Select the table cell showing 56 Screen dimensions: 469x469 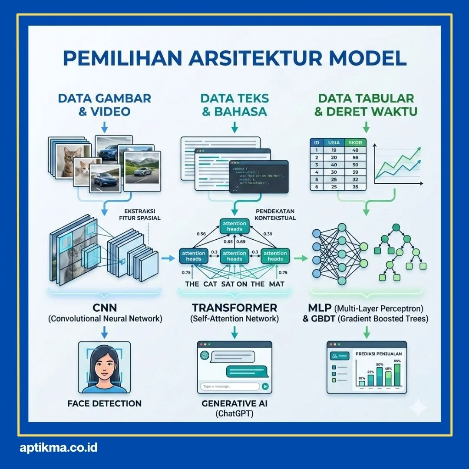[x=355, y=158]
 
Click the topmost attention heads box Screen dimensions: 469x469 [x=234, y=226]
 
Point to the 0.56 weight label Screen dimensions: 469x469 [x=201, y=234]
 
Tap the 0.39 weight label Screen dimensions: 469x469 [x=268, y=234]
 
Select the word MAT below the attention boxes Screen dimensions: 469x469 [x=276, y=284]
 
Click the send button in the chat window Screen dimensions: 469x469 [x=265, y=386]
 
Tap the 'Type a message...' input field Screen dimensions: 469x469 [x=229, y=386]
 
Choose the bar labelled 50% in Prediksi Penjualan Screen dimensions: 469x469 [x=379, y=376]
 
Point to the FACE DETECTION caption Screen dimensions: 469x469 [x=104, y=403]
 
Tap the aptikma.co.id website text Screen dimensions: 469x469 [x=59, y=448]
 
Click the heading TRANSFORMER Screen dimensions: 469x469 [x=234, y=308]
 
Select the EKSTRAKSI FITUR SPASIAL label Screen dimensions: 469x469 [x=139, y=215]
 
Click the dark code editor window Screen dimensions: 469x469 [x=259, y=177]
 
